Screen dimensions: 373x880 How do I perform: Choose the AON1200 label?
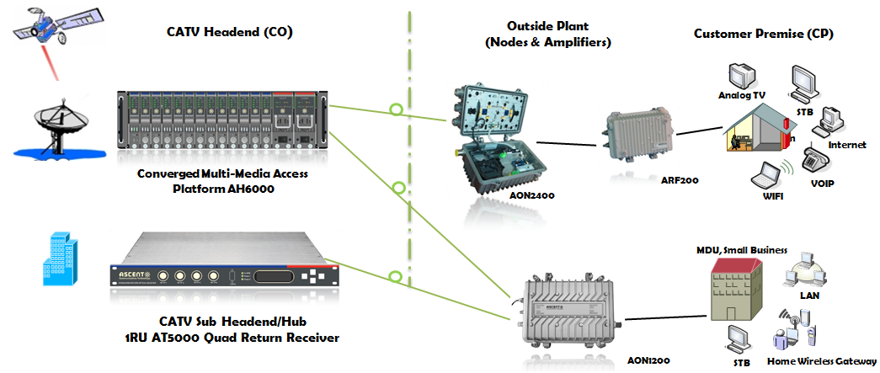click(x=647, y=360)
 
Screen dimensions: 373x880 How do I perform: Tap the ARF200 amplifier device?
click(x=640, y=134)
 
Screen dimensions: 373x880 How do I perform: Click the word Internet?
click(x=846, y=145)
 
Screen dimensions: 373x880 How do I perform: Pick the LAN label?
click(x=809, y=296)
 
